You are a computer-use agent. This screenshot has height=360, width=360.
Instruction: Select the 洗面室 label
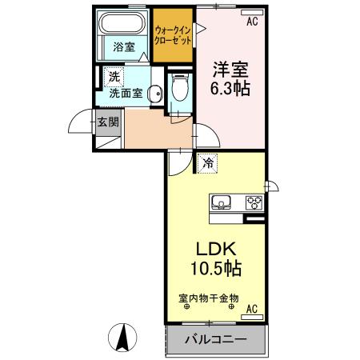pos(126,92)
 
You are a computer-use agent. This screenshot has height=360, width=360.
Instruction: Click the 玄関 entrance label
pos(108,122)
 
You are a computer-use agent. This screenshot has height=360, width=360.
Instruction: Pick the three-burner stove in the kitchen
pos(254,202)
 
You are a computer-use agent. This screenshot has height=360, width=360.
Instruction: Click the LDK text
pos(214,247)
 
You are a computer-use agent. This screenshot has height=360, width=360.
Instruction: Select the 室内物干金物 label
pos(208,300)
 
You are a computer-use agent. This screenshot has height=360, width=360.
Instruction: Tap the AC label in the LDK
pos(251,309)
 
